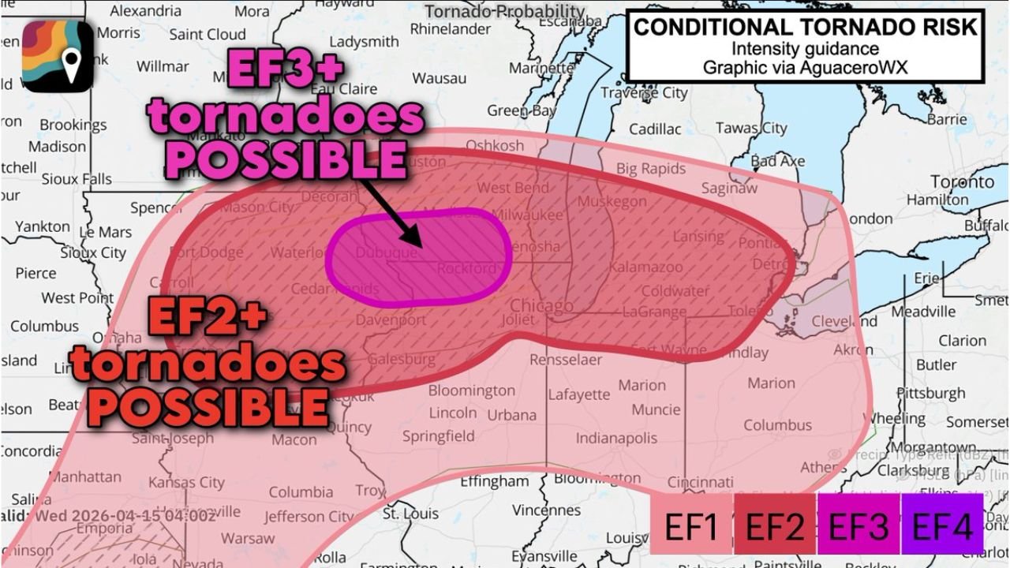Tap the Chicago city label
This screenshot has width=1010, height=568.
pyautogui.click(x=541, y=306)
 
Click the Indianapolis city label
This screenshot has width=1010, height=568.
pyautogui.click(x=616, y=438)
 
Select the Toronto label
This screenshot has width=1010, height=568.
pyautogui.click(x=962, y=182)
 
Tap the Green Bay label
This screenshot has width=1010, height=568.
pyautogui.click(x=521, y=111)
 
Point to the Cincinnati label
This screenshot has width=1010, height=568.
pyautogui.click(x=700, y=482)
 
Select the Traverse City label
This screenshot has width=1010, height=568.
pyautogui.click(x=644, y=93)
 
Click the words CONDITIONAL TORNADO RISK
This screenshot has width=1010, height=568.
pyautogui.click(x=806, y=27)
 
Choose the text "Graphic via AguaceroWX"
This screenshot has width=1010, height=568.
pyautogui.click(x=806, y=67)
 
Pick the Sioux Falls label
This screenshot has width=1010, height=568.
pyautogui.click(x=77, y=179)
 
